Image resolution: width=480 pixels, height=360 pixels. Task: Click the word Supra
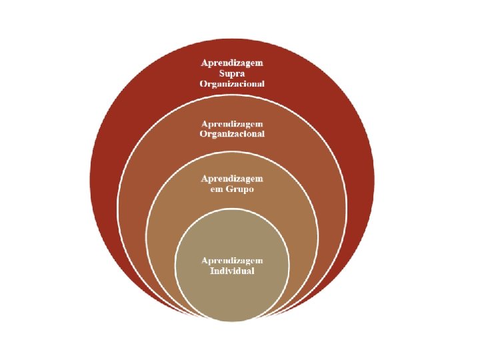pyautogui.click(x=232, y=73)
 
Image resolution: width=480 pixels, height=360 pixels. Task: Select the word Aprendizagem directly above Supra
pyautogui.click(x=232, y=62)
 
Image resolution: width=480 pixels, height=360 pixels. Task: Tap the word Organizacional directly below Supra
pyautogui.click(x=232, y=83)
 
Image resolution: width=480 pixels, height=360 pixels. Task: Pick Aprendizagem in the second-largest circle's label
pyautogui.click(x=232, y=123)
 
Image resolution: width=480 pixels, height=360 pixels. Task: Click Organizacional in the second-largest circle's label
pyautogui.click(x=232, y=133)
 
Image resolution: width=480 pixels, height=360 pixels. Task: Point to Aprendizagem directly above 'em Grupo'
pyautogui.click(x=232, y=179)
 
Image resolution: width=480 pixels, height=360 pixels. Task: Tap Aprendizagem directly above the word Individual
pyautogui.click(x=232, y=261)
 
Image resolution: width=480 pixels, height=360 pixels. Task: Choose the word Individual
pyautogui.click(x=232, y=271)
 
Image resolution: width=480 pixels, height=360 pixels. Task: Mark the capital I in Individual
pyautogui.click(x=212, y=271)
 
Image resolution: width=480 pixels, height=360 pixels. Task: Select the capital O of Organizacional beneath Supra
pyautogui.click(x=203, y=83)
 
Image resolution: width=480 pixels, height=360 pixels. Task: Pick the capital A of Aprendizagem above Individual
pyautogui.click(x=204, y=261)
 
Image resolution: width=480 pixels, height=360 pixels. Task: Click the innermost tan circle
pyautogui.click(x=232, y=293)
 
